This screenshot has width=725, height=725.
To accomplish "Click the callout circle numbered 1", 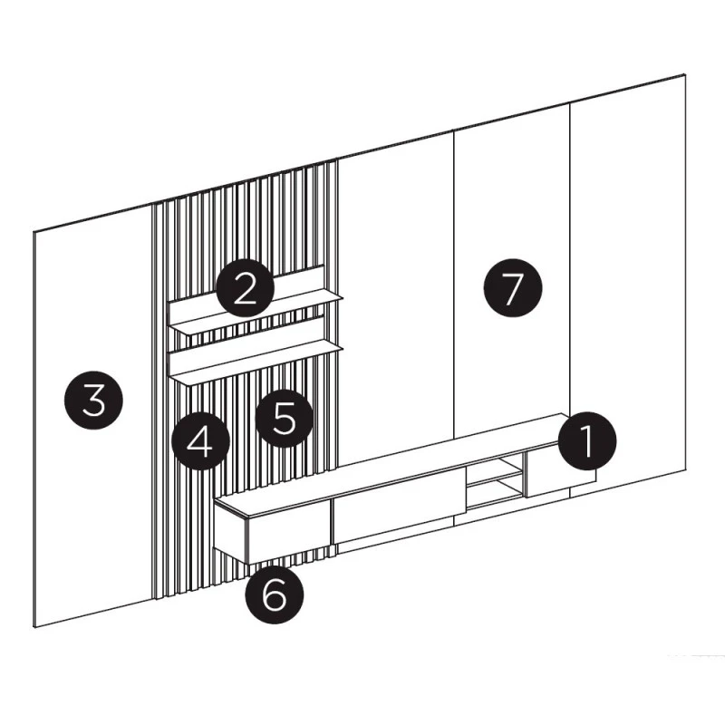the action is pos(586,440).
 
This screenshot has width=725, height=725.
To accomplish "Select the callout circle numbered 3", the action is pos(93,400).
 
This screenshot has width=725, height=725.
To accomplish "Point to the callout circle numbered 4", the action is pos(200,440).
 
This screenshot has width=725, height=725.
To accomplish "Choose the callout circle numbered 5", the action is pos(284,418).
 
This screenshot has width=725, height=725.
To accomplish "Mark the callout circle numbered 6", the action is pos(275,594).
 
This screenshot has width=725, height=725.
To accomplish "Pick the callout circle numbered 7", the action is pos(512,287).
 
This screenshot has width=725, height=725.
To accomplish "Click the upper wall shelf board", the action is pos(256,314).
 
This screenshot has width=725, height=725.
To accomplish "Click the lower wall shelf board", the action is pos(256,363).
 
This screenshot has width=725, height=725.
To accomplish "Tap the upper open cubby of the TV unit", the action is pos(495,466).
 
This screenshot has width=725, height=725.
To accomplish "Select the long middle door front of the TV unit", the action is pos(399,505).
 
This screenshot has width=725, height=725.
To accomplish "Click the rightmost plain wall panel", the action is pos(627,282).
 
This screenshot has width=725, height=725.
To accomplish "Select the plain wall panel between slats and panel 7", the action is pos(396,301).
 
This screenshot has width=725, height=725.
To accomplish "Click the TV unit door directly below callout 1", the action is pos(560,478).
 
